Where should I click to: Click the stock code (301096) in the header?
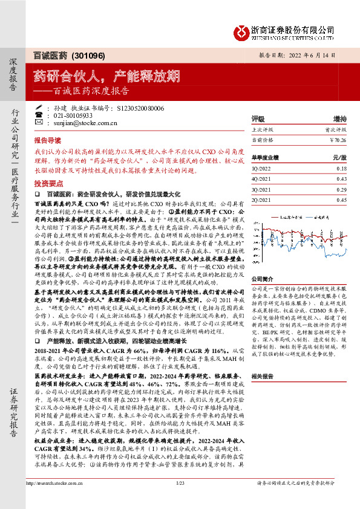point(88,56)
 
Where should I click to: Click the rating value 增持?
point(339,119)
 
